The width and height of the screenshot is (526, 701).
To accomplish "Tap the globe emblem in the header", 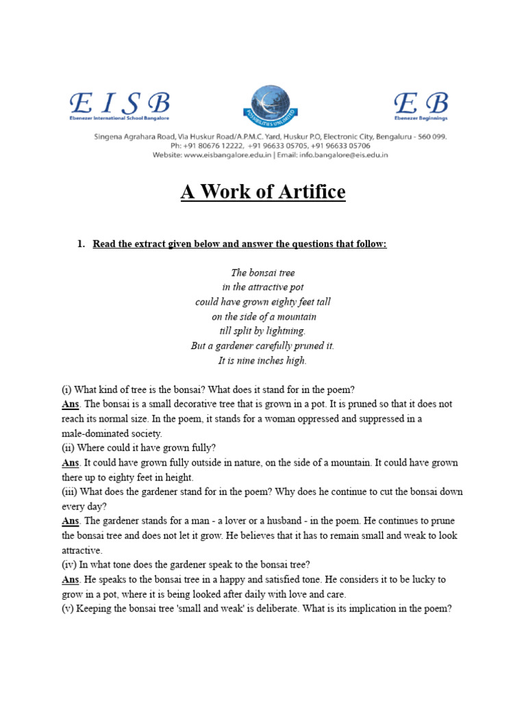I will click(x=271, y=103).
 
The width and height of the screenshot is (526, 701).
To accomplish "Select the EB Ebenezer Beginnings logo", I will click(x=421, y=106).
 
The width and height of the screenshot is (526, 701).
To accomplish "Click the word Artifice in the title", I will click(x=308, y=192).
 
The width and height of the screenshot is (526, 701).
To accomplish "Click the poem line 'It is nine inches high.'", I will click(x=262, y=361).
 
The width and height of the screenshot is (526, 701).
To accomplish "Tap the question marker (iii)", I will click(x=69, y=492).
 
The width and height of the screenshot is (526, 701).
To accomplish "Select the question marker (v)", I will click(x=68, y=609).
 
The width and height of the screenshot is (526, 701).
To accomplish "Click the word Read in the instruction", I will click(x=105, y=244).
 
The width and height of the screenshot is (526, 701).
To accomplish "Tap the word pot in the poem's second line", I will click(x=296, y=288).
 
